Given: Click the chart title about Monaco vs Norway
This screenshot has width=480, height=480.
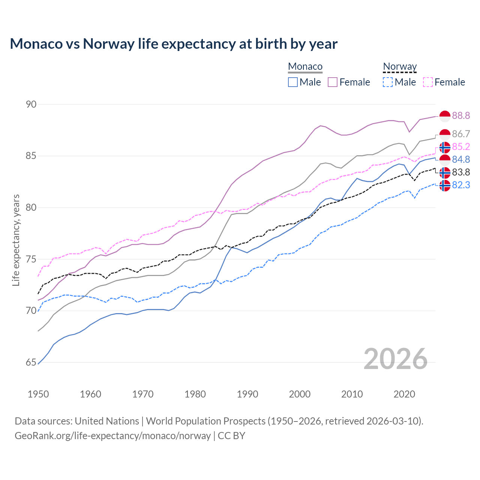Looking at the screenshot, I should (x=174, y=44).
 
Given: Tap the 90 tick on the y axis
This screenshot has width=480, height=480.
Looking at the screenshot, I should (x=31, y=104).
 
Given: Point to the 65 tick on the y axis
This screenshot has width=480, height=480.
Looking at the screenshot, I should (x=31, y=362).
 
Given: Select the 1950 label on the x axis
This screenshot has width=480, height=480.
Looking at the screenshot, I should (x=38, y=394).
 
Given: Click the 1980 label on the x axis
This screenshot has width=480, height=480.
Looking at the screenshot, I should (x=195, y=394).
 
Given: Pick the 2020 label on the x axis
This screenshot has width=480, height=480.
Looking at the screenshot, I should (x=404, y=394).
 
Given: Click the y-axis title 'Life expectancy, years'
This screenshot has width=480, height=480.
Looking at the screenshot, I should (x=16, y=240).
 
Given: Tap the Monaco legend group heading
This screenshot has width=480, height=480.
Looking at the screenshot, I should (x=305, y=67).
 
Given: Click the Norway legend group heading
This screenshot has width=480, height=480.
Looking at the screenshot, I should (x=400, y=67).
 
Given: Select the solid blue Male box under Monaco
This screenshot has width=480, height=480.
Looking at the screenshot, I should (x=293, y=82).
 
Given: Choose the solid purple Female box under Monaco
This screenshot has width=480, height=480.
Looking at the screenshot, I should (x=333, y=82).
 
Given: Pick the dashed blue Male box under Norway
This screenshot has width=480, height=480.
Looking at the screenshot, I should (x=388, y=82).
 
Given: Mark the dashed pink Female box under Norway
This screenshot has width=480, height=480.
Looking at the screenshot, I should (x=428, y=82).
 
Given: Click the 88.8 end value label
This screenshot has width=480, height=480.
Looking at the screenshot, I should (x=461, y=116).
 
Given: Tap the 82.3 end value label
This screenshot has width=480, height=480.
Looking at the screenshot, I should (x=461, y=185).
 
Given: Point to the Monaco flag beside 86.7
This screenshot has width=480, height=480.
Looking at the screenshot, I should (x=445, y=134).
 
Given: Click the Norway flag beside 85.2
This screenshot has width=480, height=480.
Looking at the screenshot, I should (x=445, y=147).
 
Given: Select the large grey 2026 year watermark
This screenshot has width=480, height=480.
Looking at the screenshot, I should (x=395, y=359).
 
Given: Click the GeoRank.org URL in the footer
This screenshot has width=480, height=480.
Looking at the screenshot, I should (x=112, y=436).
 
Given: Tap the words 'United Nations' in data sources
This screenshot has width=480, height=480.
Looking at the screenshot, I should (x=107, y=421).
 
